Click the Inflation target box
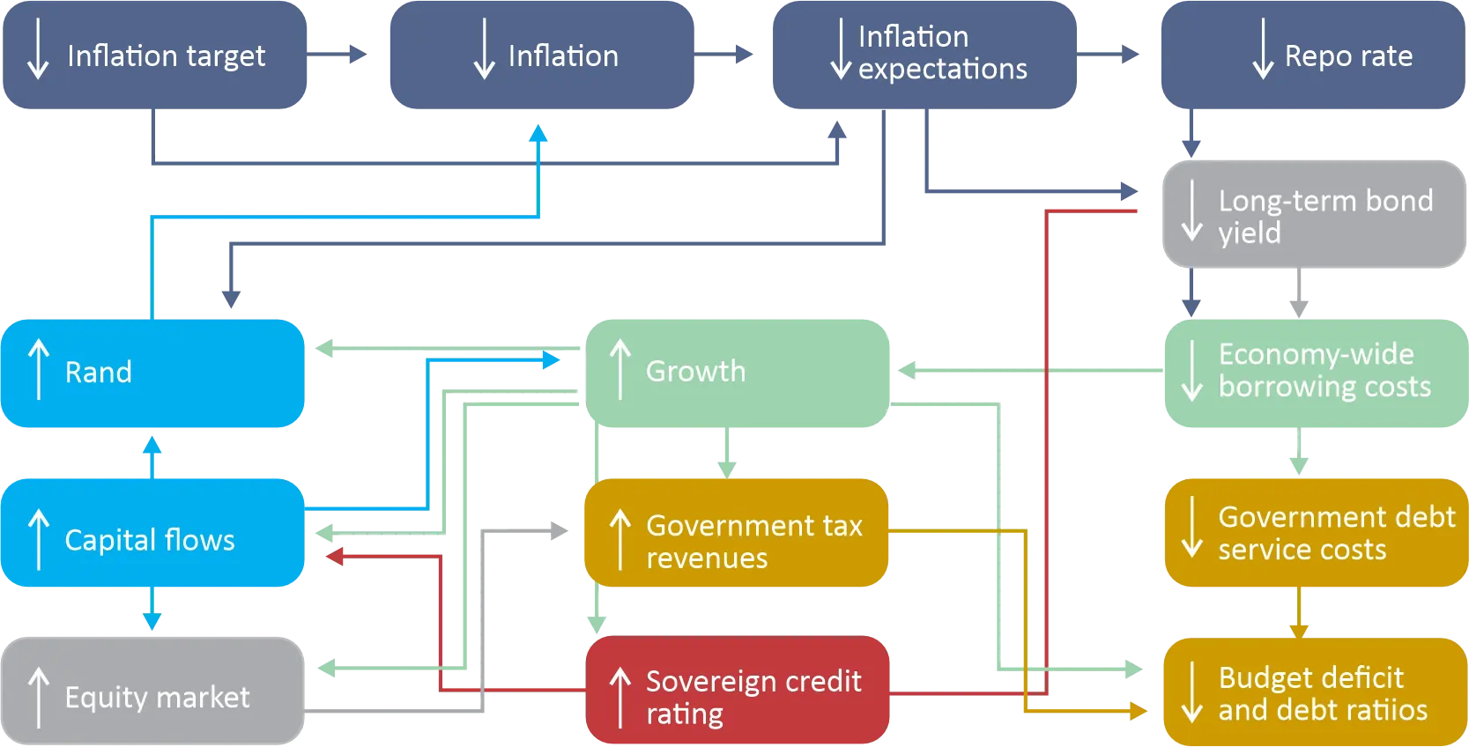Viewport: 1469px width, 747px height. (154, 55)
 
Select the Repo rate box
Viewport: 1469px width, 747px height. (1311, 55)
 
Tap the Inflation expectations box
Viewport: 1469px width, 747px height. (923, 55)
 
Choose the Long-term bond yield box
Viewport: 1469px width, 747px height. (1313, 215)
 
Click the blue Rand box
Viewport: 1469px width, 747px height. (152, 373)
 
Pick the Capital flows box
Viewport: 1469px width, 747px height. (152, 533)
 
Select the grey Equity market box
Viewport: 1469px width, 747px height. (152, 692)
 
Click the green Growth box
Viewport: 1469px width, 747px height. (736, 373)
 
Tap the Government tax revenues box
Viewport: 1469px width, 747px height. (736, 533)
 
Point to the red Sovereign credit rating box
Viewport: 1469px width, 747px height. (738, 692)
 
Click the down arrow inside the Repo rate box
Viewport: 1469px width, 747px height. (1263, 49)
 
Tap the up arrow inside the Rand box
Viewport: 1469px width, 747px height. (38, 370)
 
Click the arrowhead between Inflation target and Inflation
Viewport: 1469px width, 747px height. (358, 55)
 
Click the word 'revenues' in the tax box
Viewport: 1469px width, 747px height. (707, 558)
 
